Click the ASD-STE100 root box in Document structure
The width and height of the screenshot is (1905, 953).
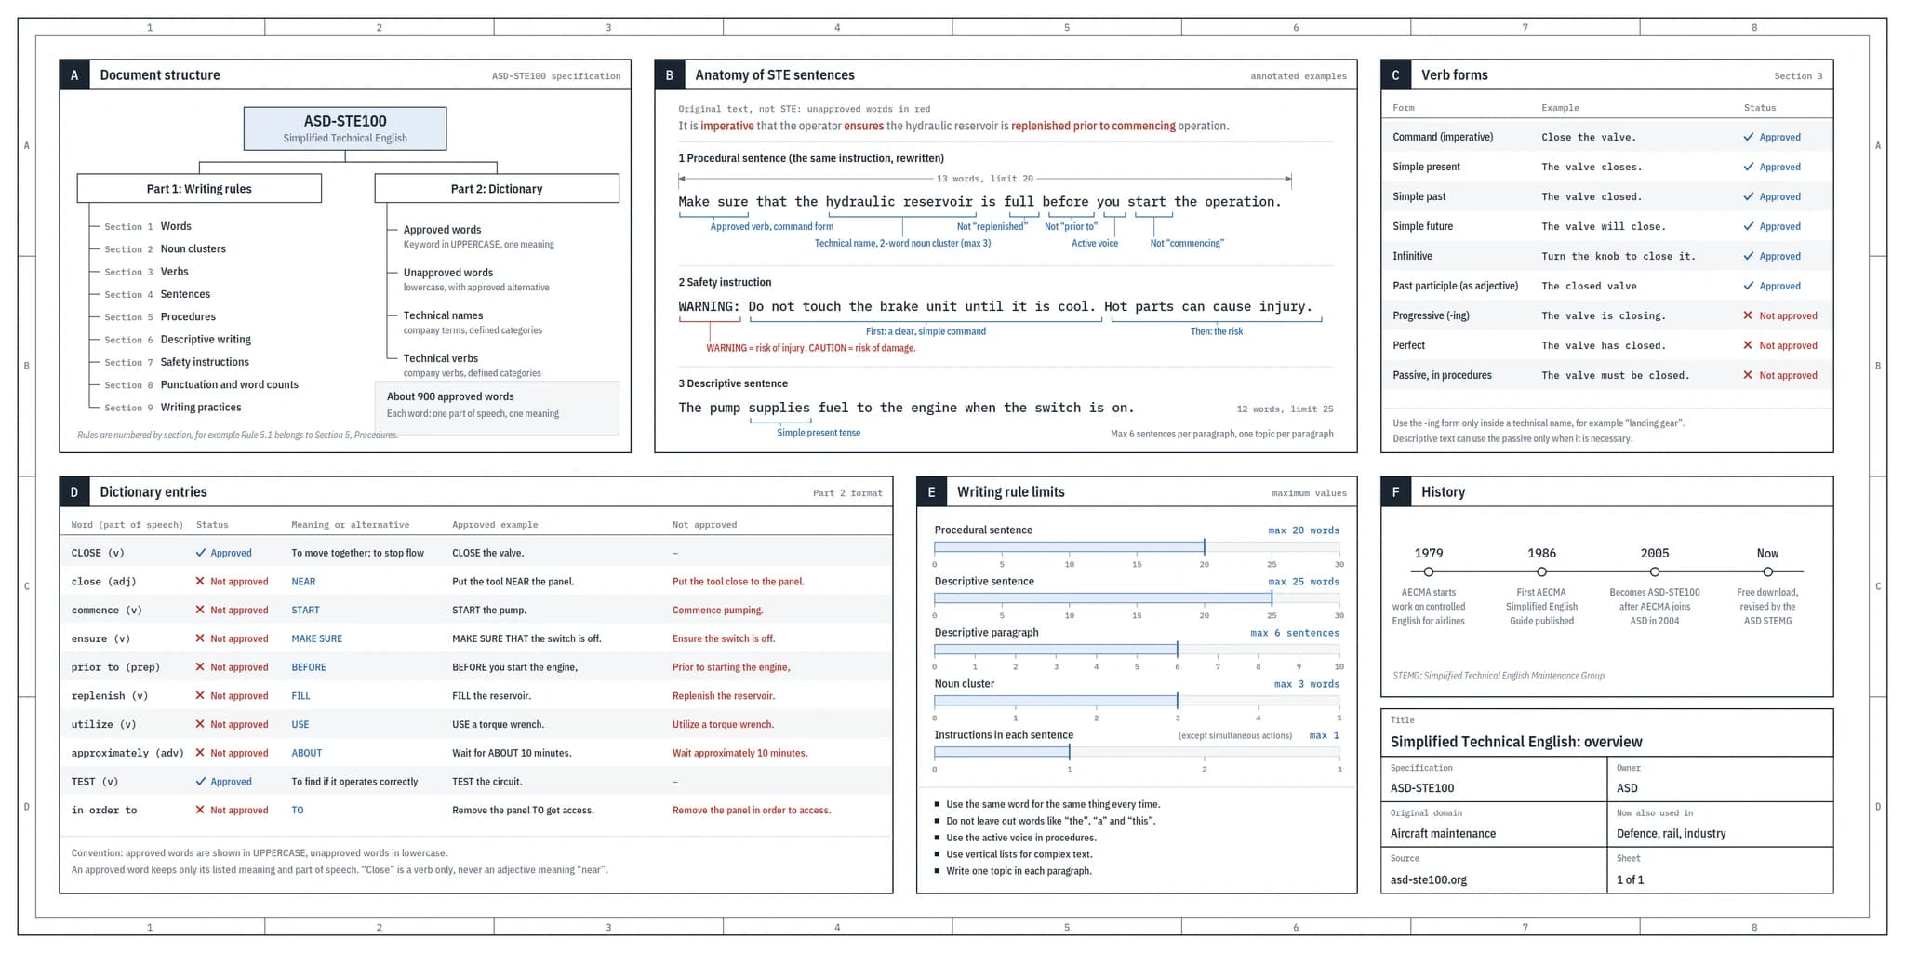(345, 128)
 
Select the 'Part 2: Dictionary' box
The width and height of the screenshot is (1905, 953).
(497, 188)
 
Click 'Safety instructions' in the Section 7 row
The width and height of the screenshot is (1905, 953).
(205, 362)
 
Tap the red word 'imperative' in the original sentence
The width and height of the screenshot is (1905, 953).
(727, 126)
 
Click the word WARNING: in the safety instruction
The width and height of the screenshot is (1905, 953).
(709, 306)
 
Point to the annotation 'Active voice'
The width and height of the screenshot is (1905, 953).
(1095, 243)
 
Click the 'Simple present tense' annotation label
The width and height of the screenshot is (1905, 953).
(819, 433)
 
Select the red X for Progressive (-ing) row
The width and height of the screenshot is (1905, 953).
(1748, 315)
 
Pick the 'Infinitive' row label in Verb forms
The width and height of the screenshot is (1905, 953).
(1412, 256)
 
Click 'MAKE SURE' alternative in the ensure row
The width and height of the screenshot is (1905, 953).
(317, 638)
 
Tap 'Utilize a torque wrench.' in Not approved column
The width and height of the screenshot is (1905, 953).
(723, 724)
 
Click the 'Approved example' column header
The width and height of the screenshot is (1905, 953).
(495, 525)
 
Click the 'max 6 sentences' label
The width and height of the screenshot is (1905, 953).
(1295, 633)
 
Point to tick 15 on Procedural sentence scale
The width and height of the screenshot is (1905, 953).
(1137, 564)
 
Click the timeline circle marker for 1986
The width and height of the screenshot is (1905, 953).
(1541, 571)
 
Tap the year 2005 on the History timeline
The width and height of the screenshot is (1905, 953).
(1655, 553)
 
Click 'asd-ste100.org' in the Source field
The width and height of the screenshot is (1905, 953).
(1429, 879)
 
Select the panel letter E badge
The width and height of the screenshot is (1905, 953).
(931, 492)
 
